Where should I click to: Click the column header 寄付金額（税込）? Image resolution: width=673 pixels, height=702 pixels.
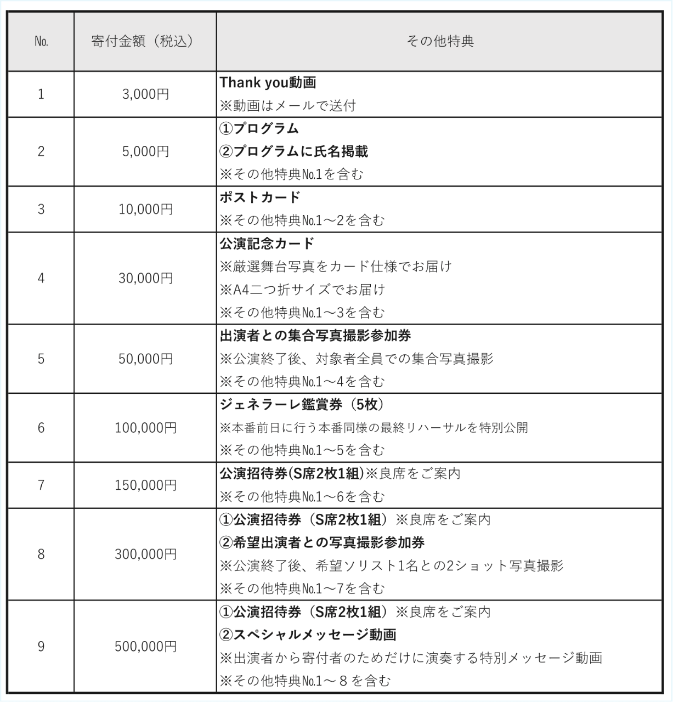145,42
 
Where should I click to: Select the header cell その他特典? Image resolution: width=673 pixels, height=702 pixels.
439,42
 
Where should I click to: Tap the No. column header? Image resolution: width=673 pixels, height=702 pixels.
41,42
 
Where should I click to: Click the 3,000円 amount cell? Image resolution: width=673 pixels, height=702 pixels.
145,94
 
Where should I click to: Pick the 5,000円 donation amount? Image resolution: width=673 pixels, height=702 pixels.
145,151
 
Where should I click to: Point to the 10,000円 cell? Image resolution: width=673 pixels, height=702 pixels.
145,209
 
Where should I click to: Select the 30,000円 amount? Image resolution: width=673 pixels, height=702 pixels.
145,278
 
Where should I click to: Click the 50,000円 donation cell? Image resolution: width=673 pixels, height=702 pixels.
145,359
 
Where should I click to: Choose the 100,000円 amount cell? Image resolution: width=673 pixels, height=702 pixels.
145,428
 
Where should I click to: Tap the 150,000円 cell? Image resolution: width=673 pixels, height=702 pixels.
145,485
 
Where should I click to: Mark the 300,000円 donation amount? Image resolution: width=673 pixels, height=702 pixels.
145,554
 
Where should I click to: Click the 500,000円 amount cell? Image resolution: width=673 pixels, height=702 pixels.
145,647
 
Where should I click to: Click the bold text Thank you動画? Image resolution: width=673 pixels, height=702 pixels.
268,83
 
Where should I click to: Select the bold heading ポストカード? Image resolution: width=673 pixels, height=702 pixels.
260,197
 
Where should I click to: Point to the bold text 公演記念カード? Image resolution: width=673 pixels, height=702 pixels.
267,244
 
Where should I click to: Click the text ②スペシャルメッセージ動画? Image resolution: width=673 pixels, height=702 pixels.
308,635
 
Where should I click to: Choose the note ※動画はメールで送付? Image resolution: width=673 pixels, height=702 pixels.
287,106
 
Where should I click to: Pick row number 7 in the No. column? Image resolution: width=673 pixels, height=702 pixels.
41,485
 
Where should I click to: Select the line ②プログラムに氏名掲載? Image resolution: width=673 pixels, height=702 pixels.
293,151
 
